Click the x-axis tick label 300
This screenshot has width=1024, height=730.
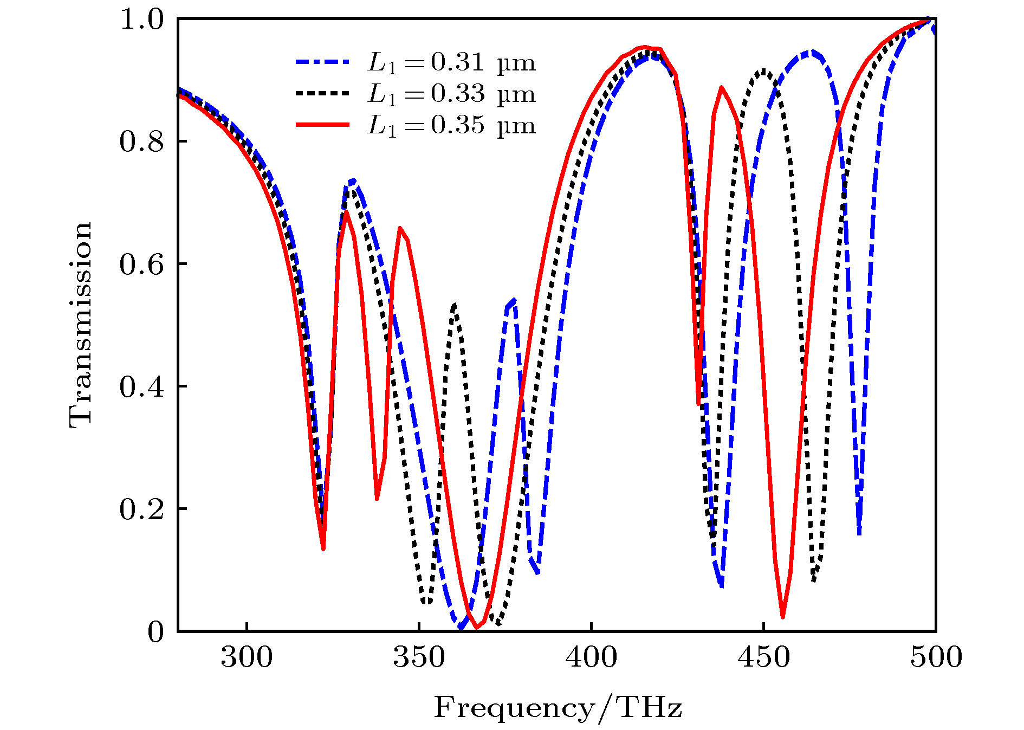tap(247, 657)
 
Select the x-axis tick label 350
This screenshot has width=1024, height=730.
tap(419, 657)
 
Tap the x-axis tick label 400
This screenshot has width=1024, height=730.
tap(591, 657)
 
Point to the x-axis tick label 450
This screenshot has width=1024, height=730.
tap(763, 657)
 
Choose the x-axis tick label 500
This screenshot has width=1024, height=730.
tap(936, 657)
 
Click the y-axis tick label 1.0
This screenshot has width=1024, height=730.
tap(141, 20)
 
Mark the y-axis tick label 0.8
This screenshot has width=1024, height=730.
tap(141, 142)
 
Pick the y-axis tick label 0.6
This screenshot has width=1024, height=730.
tap(141, 264)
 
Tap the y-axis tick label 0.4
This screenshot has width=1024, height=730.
tap(141, 387)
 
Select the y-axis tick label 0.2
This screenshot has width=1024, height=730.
tap(141, 509)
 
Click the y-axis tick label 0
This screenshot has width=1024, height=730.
tap(155, 632)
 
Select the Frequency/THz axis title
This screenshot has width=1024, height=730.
tap(558, 708)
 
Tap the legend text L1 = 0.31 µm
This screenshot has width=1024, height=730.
tap(451, 63)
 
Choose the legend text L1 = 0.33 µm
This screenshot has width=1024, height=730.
tap(451, 94)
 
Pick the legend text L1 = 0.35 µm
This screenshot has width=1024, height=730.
tap(451, 126)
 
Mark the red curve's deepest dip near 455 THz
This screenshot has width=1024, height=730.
tap(783, 616)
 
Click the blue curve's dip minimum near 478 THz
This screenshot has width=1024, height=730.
tap(859, 534)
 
